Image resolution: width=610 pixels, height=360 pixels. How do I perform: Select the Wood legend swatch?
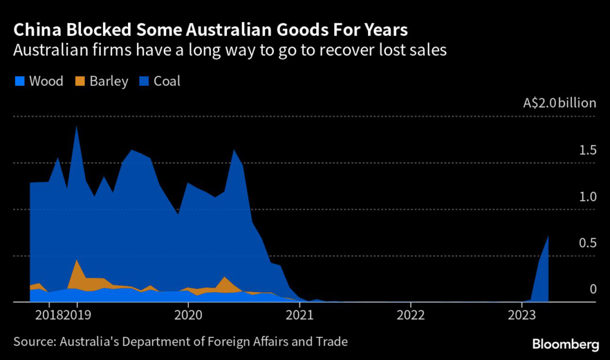coord(18,81)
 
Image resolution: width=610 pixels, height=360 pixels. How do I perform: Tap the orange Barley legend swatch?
coord(79,81)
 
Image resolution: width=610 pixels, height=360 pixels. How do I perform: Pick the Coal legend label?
coord(167,81)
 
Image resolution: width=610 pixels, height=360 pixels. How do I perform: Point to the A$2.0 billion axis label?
coord(559,103)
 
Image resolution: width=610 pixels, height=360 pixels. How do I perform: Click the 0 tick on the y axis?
coord(593,289)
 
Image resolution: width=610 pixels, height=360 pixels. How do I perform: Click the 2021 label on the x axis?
coord(300,314)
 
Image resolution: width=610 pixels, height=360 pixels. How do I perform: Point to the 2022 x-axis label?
coord(411,314)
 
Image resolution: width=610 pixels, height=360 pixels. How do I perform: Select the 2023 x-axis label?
coord(522,314)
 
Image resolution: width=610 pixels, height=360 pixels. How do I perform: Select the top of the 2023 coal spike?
coord(548,237)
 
